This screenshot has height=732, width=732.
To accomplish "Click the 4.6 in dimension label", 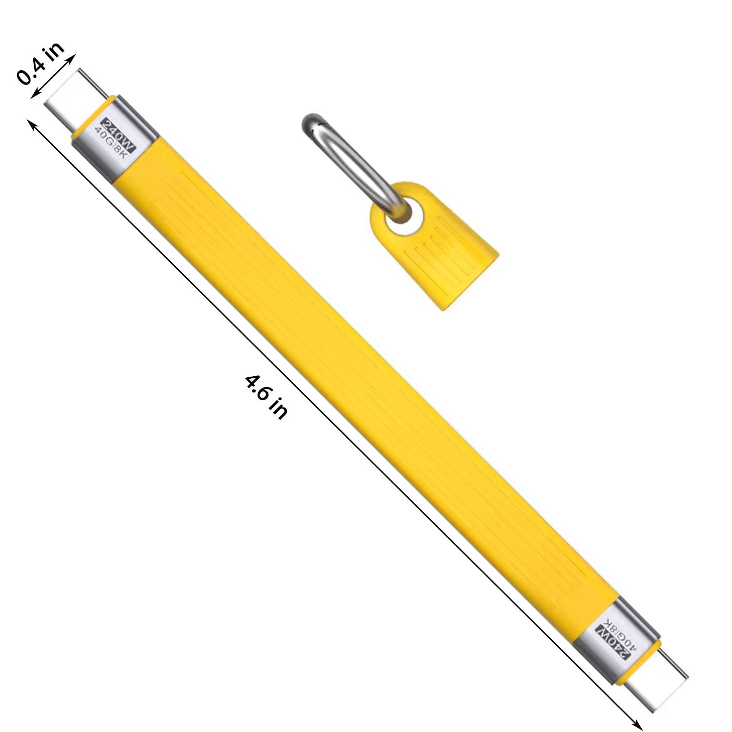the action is [266, 396].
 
